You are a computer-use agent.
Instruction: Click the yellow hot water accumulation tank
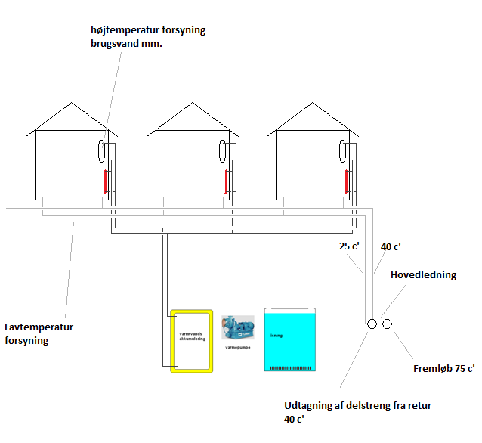coord(191,341)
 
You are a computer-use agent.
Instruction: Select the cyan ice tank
coord(289,340)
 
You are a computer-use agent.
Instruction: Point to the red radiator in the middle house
coord(226,181)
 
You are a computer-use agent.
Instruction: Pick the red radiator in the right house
coord(347,181)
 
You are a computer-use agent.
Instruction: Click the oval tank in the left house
coord(100,150)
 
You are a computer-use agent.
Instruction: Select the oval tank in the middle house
coord(221,150)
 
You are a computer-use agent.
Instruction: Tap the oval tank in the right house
coord(342,150)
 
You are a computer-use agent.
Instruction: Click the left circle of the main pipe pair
coord(372,324)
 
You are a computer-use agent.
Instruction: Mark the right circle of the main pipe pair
coord(388,324)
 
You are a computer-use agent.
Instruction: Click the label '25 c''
coord(349,246)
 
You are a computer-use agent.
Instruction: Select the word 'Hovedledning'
coord(423,275)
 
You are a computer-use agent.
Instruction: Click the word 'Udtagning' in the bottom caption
coord(311,405)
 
